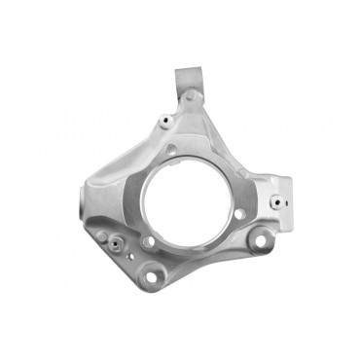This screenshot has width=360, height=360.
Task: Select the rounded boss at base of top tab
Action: [x=193, y=96]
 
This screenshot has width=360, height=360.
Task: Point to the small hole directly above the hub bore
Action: [x=172, y=148]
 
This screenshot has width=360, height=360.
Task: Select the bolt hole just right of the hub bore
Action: [x=239, y=213]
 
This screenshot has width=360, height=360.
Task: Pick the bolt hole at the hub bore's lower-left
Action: [x=148, y=241]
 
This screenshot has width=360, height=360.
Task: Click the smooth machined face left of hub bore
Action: [x=122, y=195]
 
